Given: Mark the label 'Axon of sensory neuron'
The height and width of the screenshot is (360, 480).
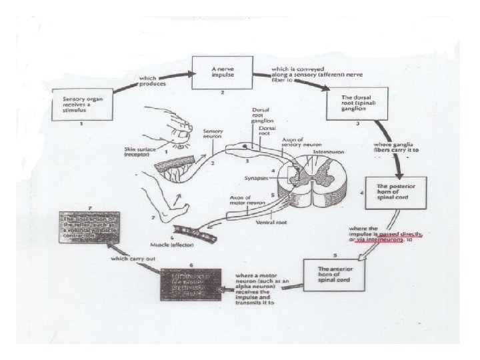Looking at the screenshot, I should (297, 142).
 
